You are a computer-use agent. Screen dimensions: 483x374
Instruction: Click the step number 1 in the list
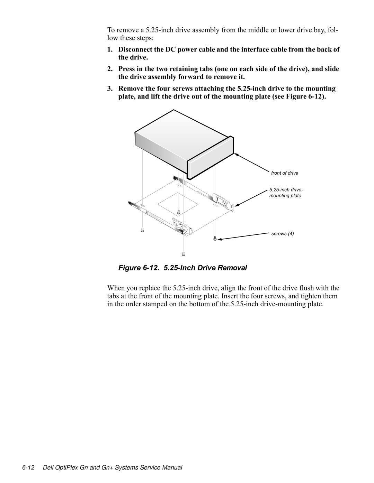tap(109, 49)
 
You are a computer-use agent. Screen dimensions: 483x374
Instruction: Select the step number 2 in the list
tap(109, 69)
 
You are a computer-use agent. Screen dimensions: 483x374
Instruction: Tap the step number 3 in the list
tap(109, 89)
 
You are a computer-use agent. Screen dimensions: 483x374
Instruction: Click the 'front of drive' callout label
tap(284, 173)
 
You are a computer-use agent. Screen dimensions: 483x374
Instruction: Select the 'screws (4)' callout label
tap(282, 234)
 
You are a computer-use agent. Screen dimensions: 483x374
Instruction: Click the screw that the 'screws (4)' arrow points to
tap(215, 238)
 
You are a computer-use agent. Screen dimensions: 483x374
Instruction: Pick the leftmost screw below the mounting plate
tap(142, 230)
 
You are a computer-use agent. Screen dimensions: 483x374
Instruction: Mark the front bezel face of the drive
tap(211, 159)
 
